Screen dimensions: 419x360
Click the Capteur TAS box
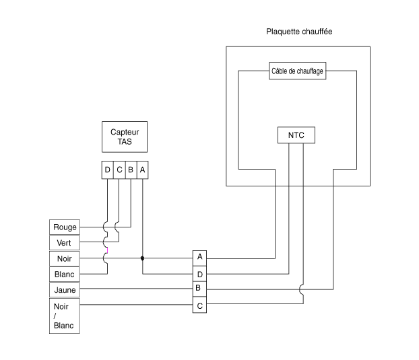tap(125, 137)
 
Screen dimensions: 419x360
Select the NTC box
tap(296, 135)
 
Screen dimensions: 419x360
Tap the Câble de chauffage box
tap(298, 71)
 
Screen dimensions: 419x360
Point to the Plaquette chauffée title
tap(299, 32)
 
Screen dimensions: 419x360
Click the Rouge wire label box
tap(65, 227)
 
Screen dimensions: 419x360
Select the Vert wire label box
tap(65, 243)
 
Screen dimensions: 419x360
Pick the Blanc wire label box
tap(65, 275)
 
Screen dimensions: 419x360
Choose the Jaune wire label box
tap(65, 290)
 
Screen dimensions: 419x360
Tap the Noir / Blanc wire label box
tap(65, 316)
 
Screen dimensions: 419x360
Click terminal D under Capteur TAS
tap(107, 170)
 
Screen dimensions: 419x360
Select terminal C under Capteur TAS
tap(119, 170)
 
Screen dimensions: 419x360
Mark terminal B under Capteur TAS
tap(131, 170)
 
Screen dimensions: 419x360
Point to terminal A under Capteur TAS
tap(142, 170)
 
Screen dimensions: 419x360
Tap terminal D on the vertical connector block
tap(199, 274)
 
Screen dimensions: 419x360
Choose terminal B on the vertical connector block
tap(199, 289)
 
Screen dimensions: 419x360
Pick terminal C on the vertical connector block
tap(199, 305)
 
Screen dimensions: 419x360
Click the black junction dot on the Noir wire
tap(142, 258)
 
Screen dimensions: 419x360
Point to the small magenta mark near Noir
tap(107, 250)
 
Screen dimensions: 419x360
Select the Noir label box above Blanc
tap(65, 258)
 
